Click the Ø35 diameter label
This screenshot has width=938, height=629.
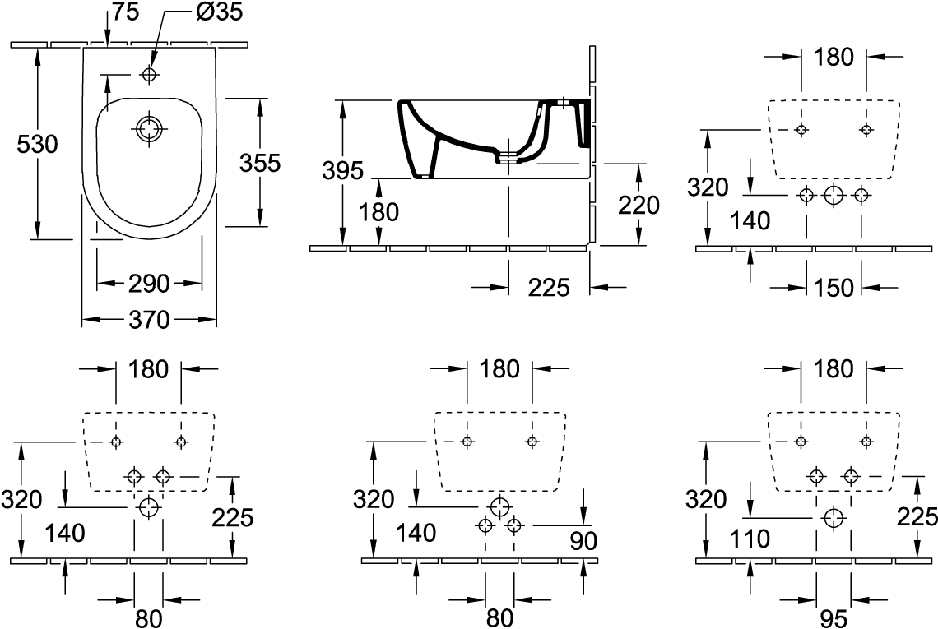(220, 13)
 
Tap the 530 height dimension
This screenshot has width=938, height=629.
(37, 145)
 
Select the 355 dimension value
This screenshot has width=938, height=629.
(260, 163)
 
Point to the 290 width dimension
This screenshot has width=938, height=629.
(149, 284)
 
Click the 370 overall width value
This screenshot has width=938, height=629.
(149, 319)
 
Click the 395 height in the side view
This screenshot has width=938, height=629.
(342, 171)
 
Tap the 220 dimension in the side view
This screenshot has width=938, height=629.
(638, 204)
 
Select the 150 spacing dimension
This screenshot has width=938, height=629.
(833, 287)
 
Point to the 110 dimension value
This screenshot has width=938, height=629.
(749, 539)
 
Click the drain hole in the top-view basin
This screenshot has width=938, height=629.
(149, 129)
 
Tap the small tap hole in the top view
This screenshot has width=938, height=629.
(149, 75)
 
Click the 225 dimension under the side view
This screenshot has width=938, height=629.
(548, 287)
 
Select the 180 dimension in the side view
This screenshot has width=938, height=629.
(378, 211)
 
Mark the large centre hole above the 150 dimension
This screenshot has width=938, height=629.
(834, 195)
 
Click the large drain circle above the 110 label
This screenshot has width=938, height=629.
(834, 517)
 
